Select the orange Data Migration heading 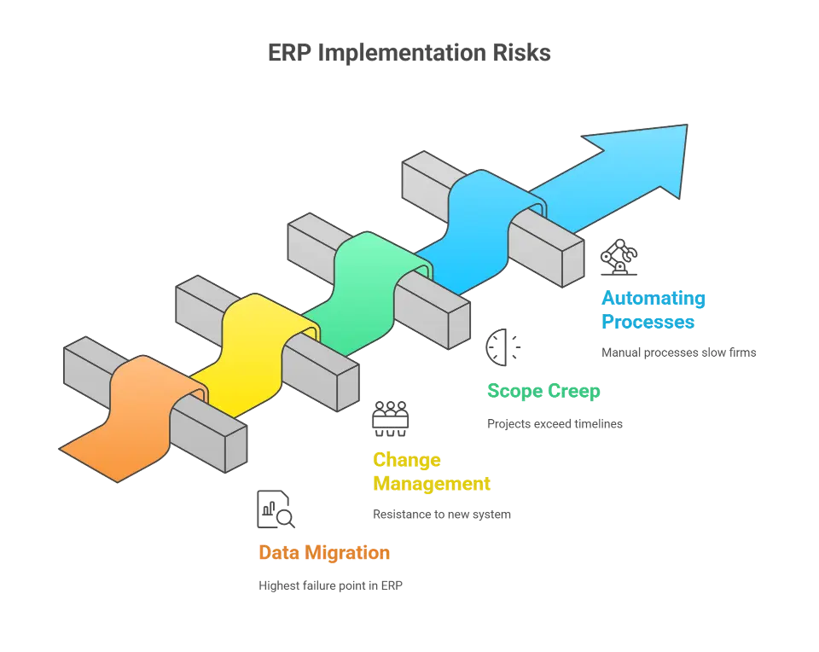tap(324, 553)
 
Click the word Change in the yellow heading tap(406, 459)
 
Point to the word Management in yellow tap(431, 484)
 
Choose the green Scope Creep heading tap(543, 392)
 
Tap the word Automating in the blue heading tap(653, 299)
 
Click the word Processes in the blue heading tap(648, 323)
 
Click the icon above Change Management tap(391, 416)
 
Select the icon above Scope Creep tap(502, 348)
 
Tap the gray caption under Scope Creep tap(555, 422)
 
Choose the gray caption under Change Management tap(441, 515)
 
